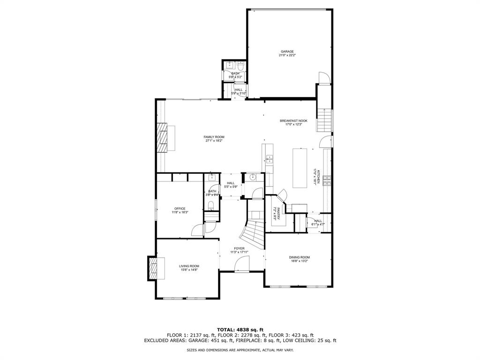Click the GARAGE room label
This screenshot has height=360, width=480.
pyautogui.click(x=287, y=52)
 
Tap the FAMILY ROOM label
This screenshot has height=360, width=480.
pyautogui.click(x=214, y=137)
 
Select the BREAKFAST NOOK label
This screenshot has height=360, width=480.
pyautogui.click(x=293, y=120)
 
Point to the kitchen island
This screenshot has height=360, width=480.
pyautogui.click(x=299, y=167)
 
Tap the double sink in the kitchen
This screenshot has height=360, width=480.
pyautogui.click(x=270, y=159)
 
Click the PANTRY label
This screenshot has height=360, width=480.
pyautogui.click(x=278, y=214)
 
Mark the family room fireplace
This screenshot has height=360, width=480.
pyautogui.click(x=162, y=138)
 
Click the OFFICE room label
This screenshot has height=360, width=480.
pyautogui.click(x=180, y=209)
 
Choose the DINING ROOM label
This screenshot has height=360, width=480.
pyautogui.click(x=299, y=257)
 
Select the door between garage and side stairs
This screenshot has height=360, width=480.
pyautogui.click(x=323, y=78)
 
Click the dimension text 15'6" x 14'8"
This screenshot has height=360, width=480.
pyautogui.click(x=189, y=270)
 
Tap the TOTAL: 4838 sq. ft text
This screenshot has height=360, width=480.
pyautogui.click(x=240, y=329)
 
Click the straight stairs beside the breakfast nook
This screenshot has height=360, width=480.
pyautogui.click(x=325, y=120)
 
